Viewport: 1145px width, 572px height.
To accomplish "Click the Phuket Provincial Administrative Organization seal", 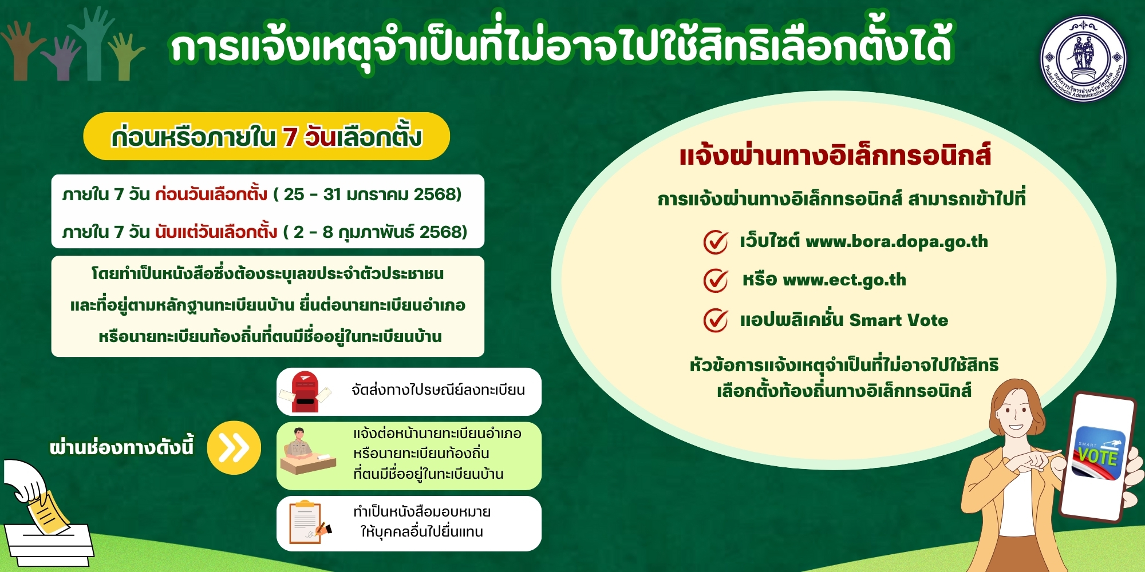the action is (1083, 59).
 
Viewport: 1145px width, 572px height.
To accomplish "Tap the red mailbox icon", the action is (305, 392).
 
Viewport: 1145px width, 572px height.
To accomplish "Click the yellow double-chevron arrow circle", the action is (234, 448).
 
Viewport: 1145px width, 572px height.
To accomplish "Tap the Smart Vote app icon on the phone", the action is (1098, 453).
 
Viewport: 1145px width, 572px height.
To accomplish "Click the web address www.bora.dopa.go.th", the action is (897, 242).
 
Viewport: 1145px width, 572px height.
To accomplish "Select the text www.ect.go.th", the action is (844, 280).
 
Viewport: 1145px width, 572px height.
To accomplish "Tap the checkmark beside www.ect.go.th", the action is (716, 280).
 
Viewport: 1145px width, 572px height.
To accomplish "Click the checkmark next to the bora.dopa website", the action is (716, 242).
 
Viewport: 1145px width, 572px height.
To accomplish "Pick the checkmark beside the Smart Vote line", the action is (716, 320).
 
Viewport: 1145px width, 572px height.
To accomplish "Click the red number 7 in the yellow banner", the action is (290, 137).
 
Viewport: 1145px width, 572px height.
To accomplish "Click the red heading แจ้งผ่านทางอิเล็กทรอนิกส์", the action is (835, 156).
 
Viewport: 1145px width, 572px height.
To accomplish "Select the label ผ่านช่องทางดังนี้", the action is (122, 447).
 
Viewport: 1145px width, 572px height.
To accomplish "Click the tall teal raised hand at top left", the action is (93, 43).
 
